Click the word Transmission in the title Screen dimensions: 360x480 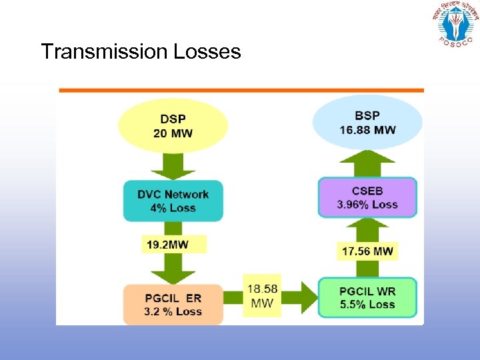tap(104, 51)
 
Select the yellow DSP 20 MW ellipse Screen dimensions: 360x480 tap(173, 125)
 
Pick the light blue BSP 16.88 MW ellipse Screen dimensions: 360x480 tap(367, 122)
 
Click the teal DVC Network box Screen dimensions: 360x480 tap(173, 201)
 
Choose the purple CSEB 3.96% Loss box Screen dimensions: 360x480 tap(367, 197)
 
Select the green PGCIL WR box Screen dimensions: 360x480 tap(367, 298)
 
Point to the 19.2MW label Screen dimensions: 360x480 tap(168, 245)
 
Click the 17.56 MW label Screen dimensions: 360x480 tap(367, 251)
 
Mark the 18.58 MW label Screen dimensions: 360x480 tap(263, 296)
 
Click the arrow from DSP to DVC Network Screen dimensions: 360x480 tap(173, 166)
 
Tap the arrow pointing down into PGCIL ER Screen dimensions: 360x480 tap(173, 270)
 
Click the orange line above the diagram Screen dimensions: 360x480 tap(241, 89)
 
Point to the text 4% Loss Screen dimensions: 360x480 tap(173, 208)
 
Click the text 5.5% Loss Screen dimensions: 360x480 tap(367, 305)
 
